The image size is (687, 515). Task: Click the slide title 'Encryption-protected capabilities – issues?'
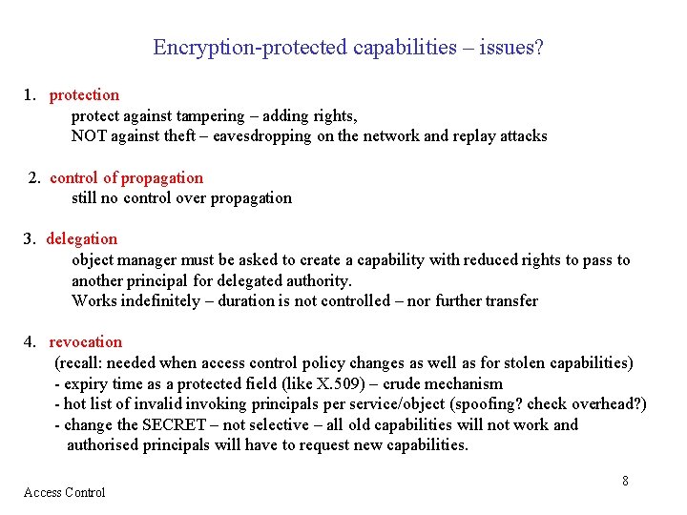pos(348,47)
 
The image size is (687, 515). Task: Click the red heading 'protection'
pos(84,94)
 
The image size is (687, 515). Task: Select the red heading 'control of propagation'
pos(126,177)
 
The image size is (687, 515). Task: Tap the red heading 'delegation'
pos(82,238)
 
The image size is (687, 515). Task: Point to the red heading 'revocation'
pos(86,341)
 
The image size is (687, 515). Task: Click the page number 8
pos(625,481)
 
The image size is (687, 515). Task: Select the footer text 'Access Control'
pos(64,492)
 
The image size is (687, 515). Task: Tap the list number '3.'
pos(30,238)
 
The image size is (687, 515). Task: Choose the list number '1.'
pos(30,94)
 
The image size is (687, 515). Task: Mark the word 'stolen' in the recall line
pos(516,362)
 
